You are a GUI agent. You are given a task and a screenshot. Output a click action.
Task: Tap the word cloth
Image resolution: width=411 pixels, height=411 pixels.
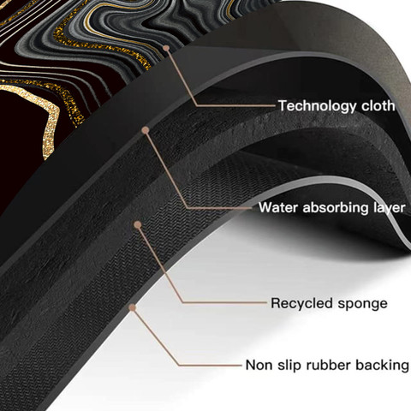point(378,105)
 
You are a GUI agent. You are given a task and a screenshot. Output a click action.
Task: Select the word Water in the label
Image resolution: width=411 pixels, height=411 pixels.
point(278,207)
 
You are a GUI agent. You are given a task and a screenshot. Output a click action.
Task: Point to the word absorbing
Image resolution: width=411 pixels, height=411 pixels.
point(337,208)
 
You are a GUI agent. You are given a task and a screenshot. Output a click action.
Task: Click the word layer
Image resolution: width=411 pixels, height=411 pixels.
point(390,208)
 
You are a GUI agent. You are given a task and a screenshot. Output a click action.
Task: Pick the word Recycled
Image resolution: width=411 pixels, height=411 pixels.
point(302,303)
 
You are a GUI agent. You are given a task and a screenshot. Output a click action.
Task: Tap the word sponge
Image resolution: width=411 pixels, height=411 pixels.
point(362,304)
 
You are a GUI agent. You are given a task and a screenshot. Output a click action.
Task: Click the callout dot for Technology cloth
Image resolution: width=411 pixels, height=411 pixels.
point(166,48)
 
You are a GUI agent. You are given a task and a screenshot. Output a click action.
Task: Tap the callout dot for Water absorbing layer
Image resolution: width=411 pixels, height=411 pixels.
point(146,130)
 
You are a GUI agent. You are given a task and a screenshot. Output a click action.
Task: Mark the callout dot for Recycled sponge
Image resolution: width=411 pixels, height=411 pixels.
point(138,225)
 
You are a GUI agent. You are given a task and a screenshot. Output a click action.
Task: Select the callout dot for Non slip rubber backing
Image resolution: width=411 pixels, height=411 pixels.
point(132,307)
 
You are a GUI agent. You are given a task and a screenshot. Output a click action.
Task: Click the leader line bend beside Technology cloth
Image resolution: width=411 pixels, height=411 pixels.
point(197,105)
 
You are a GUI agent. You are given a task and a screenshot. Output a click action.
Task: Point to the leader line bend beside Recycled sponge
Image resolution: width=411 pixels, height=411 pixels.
point(183,302)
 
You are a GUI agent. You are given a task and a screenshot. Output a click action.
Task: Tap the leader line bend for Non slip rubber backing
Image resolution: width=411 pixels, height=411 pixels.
point(179,365)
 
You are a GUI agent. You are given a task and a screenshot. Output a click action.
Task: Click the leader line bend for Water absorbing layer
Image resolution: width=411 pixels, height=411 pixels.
point(188,208)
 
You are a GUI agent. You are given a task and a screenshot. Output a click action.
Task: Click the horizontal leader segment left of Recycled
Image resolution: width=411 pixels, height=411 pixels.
point(225,302)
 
